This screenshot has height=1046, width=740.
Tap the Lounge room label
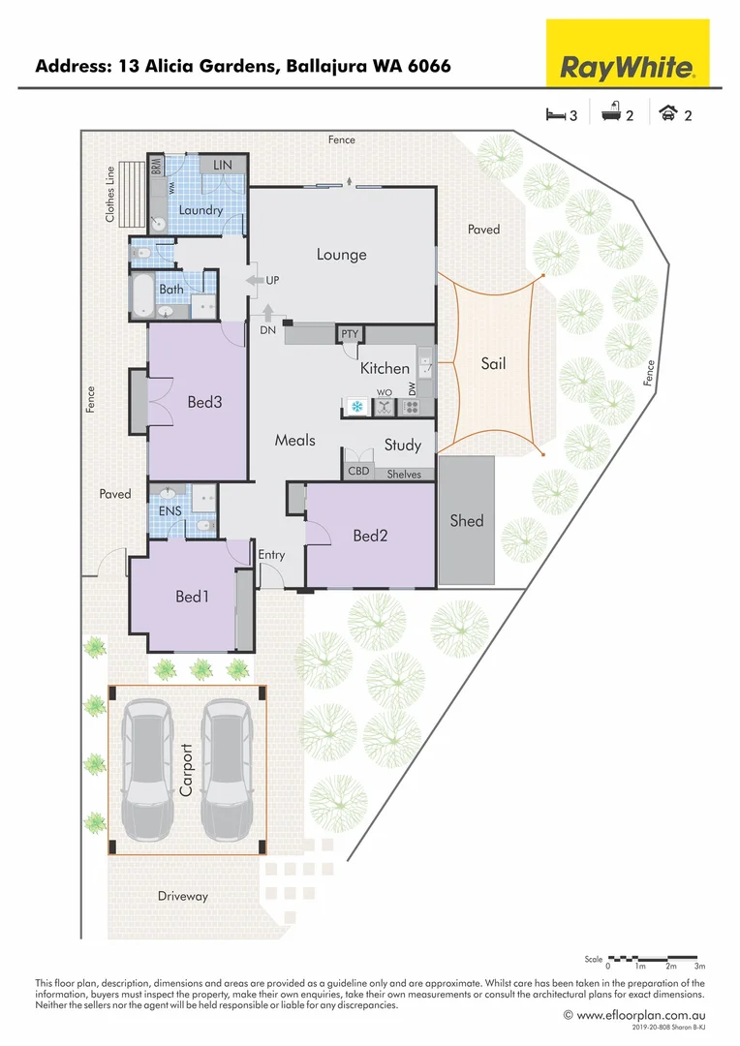pos(341,255)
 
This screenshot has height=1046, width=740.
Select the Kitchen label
pos(385,368)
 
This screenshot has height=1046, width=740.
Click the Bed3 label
pos(204,401)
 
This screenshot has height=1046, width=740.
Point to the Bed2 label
pos(370,536)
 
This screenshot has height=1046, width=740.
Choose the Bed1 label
pos(192,597)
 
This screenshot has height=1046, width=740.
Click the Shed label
pos(466,521)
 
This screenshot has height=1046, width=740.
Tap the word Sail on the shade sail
pos(493,364)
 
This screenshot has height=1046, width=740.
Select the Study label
pos(402,446)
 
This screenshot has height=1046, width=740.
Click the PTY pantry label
pos(350,334)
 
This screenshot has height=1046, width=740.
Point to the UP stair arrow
pos(256,280)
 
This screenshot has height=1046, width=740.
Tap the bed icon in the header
pos(555,115)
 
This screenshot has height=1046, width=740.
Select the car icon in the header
pos(667,115)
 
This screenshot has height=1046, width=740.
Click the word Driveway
pos(183,896)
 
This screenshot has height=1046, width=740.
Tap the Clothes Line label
pos(110,195)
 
